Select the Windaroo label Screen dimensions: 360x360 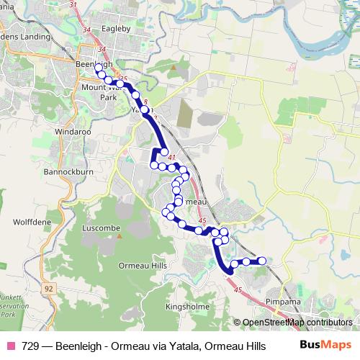tap(71, 132)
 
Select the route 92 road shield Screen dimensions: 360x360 tap(48, 288)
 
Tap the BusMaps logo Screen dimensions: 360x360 tap(325, 345)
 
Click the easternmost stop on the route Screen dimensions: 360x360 tap(262, 261)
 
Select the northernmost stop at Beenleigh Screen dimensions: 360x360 tap(98, 66)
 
